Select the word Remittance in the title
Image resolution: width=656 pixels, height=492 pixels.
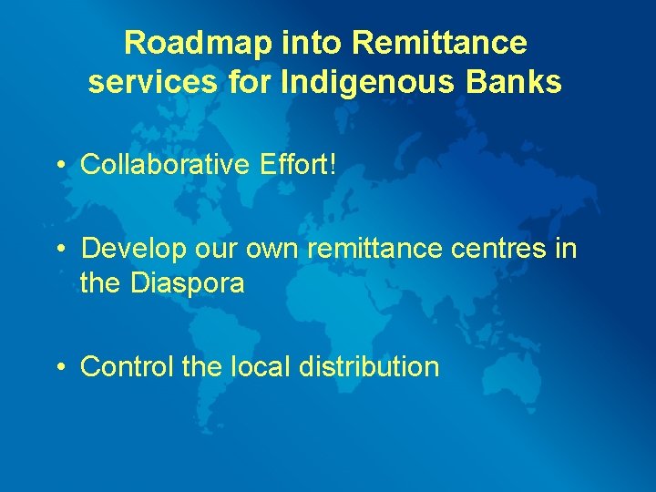(440, 42)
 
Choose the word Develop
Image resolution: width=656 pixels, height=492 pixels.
(131, 249)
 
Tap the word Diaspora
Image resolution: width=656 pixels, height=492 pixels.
(188, 283)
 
